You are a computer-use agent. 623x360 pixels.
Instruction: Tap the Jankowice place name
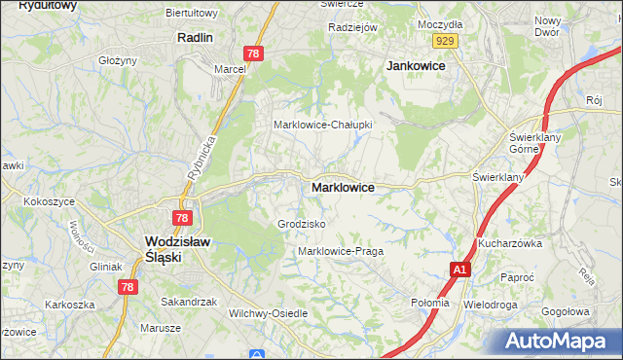point(416,65)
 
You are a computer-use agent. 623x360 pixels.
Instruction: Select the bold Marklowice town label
point(343,187)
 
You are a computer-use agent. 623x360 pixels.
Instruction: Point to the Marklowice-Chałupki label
point(323,126)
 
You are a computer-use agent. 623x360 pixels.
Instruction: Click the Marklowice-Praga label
point(341,251)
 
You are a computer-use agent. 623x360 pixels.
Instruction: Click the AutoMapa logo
point(560,341)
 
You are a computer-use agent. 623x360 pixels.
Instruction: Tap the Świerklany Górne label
point(531,144)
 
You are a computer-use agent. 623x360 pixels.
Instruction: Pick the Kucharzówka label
point(509,243)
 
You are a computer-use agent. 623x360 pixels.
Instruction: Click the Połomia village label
point(430,303)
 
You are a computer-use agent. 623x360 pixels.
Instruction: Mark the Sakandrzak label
point(188,302)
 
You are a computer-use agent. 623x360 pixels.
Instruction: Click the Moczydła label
point(439,22)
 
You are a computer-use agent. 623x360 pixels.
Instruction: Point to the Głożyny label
point(117,60)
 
